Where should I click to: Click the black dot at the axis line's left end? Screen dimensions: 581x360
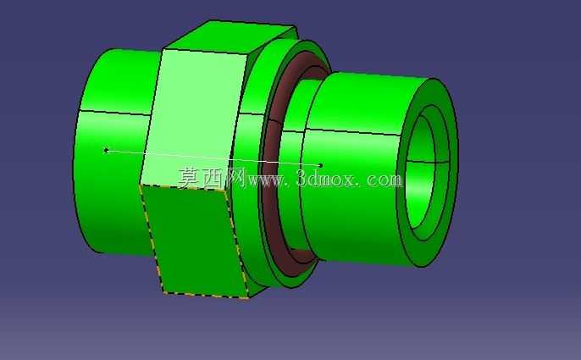pos(107,150)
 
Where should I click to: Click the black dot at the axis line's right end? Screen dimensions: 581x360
pos(320,165)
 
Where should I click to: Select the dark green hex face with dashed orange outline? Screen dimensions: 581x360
pos(194,241)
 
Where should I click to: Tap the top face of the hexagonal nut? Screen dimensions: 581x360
pos(230,36)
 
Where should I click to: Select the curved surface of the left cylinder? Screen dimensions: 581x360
pos(111,156)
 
